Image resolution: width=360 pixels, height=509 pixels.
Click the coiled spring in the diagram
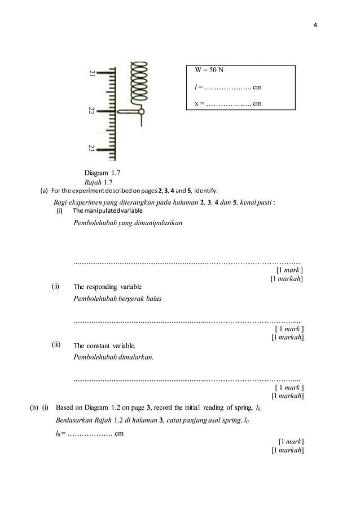(x=138, y=85)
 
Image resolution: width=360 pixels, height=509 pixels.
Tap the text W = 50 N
(x=209, y=71)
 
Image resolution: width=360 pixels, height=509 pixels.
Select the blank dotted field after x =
(x=229, y=104)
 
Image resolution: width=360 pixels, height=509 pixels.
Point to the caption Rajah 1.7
(x=98, y=182)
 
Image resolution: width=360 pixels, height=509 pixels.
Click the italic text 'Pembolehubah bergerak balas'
(x=117, y=299)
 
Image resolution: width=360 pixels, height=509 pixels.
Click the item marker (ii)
(x=56, y=286)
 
